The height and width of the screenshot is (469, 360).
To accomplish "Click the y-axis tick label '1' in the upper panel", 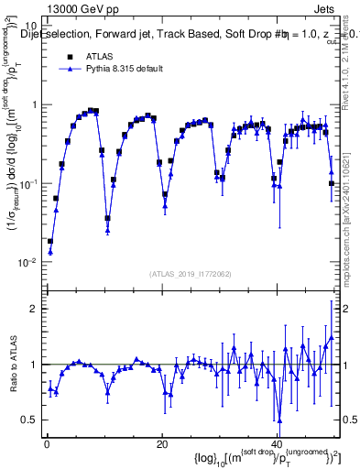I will [x=34, y=104].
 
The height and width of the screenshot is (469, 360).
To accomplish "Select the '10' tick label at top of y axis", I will [x=30, y=26].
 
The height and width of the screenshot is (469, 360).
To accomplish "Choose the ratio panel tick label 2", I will [x=34, y=309].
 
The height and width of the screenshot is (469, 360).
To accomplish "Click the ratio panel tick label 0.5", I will [x=29, y=420].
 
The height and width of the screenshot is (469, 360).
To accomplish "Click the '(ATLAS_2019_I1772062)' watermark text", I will [x=191, y=274].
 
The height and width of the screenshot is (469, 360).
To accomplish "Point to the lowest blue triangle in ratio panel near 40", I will [x=279, y=420].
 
